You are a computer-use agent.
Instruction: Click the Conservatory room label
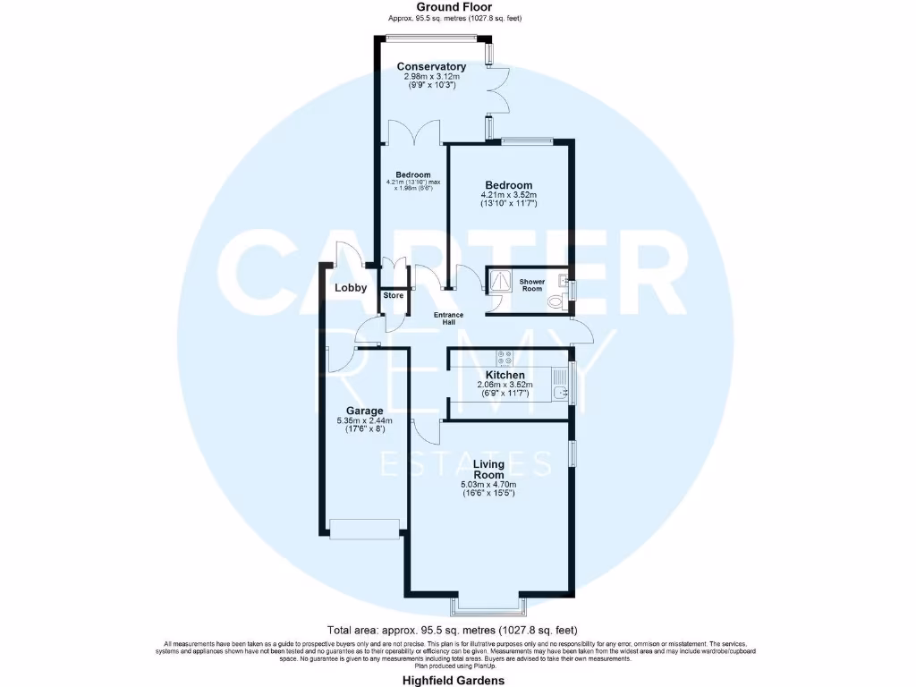(x=431, y=67)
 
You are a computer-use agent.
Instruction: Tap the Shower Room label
(x=532, y=285)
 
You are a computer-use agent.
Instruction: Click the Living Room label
(x=488, y=470)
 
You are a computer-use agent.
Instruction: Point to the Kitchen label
(x=505, y=375)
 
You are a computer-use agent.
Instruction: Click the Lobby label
(x=351, y=288)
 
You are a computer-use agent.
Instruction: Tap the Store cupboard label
(x=393, y=295)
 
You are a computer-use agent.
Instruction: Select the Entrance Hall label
(x=449, y=318)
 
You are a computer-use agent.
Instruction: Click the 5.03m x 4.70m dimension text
(x=488, y=484)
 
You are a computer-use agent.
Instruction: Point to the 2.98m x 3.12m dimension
(x=431, y=77)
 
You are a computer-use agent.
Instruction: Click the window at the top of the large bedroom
(x=526, y=140)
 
